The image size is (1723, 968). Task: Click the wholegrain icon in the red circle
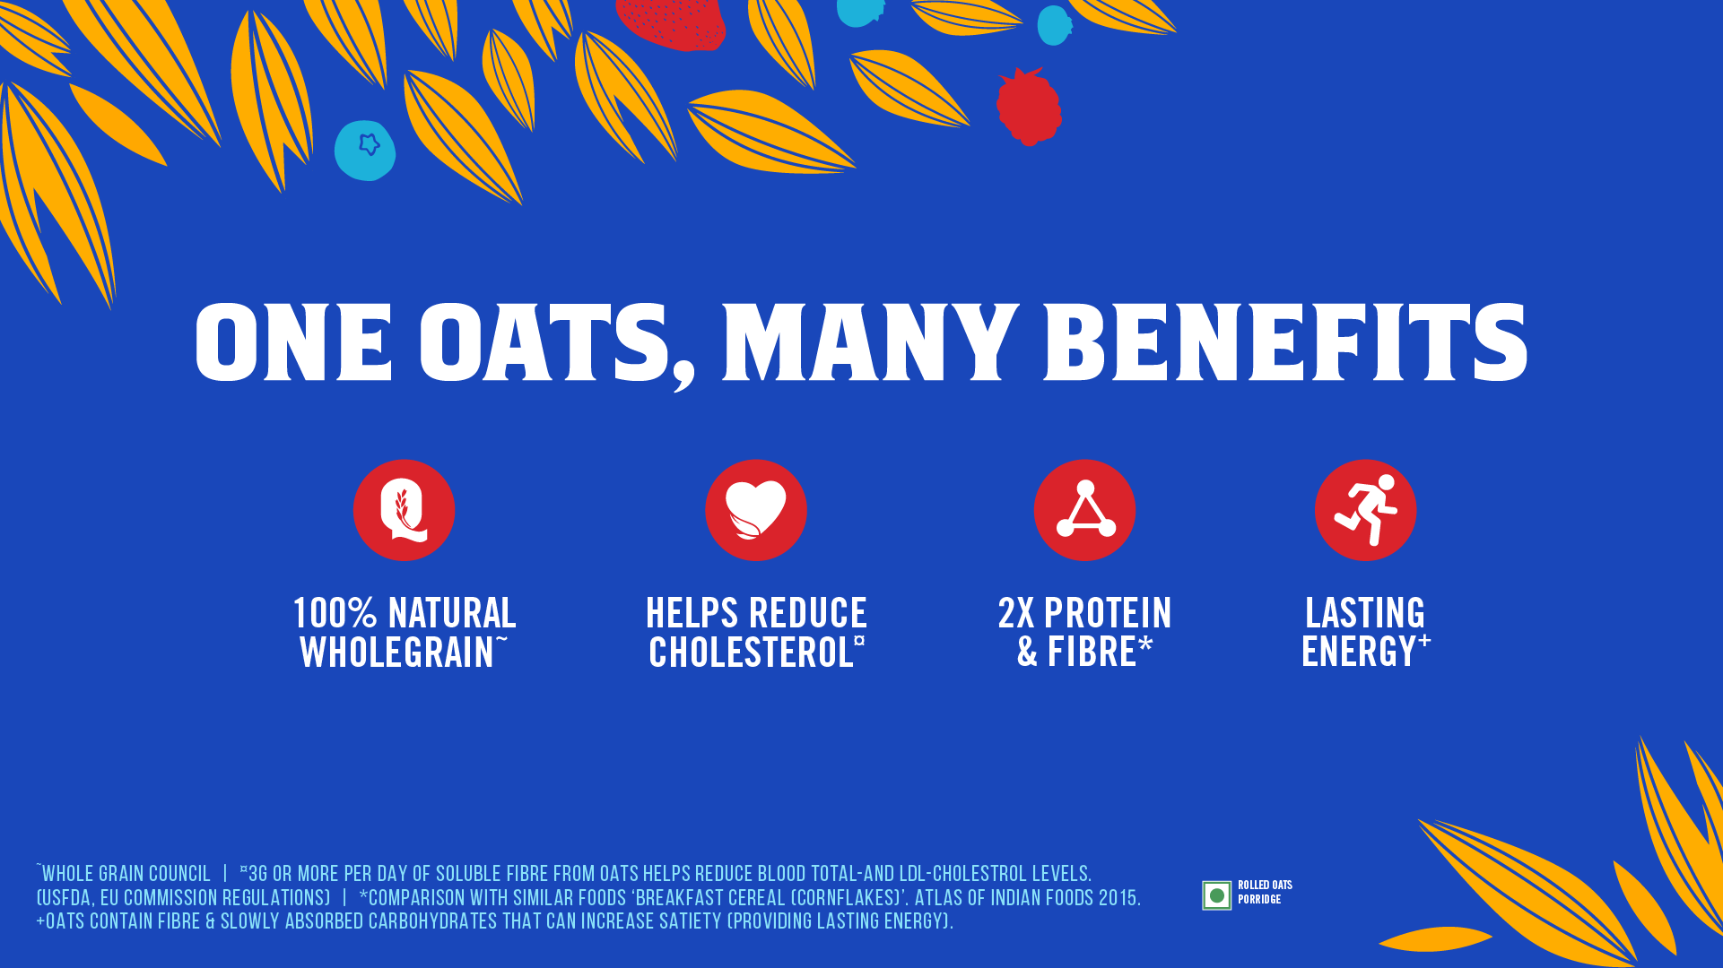(404, 510)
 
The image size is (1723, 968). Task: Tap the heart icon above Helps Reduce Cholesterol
(755, 510)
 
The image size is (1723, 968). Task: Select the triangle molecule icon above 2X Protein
(1084, 510)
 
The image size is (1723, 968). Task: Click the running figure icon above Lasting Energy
(1365, 510)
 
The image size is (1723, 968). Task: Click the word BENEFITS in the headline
(1285, 342)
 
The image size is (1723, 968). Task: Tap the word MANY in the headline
(870, 342)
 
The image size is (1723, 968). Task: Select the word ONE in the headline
(294, 342)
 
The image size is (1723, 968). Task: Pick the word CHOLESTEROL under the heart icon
(751, 653)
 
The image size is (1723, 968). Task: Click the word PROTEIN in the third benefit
(1108, 614)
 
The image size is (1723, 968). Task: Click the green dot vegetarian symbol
(1216, 895)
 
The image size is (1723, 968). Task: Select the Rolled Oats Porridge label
(1265, 892)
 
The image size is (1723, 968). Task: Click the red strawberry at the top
(671, 22)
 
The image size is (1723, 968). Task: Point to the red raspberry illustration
(1029, 107)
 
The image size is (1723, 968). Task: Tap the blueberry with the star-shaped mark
(365, 150)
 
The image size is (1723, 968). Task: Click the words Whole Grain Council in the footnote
(126, 874)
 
